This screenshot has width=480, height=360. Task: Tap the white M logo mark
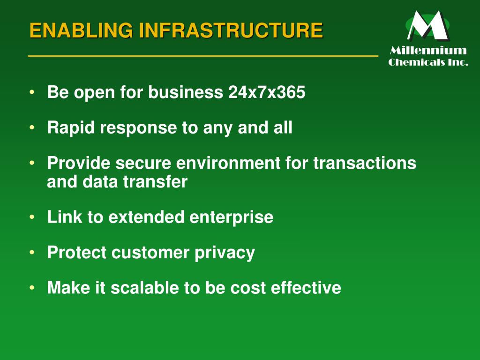(x=427, y=26)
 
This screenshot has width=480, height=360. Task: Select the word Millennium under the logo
(x=428, y=51)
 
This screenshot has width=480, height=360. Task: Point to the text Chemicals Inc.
(x=428, y=62)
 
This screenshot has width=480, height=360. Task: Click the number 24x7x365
(x=267, y=93)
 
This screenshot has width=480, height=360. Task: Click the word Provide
(x=79, y=163)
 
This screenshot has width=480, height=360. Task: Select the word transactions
(x=365, y=163)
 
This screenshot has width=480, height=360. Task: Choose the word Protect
(x=77, y=253)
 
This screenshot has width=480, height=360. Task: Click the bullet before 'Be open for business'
(x=31, y=92)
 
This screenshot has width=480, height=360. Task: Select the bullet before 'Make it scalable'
(x=31, y=287)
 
